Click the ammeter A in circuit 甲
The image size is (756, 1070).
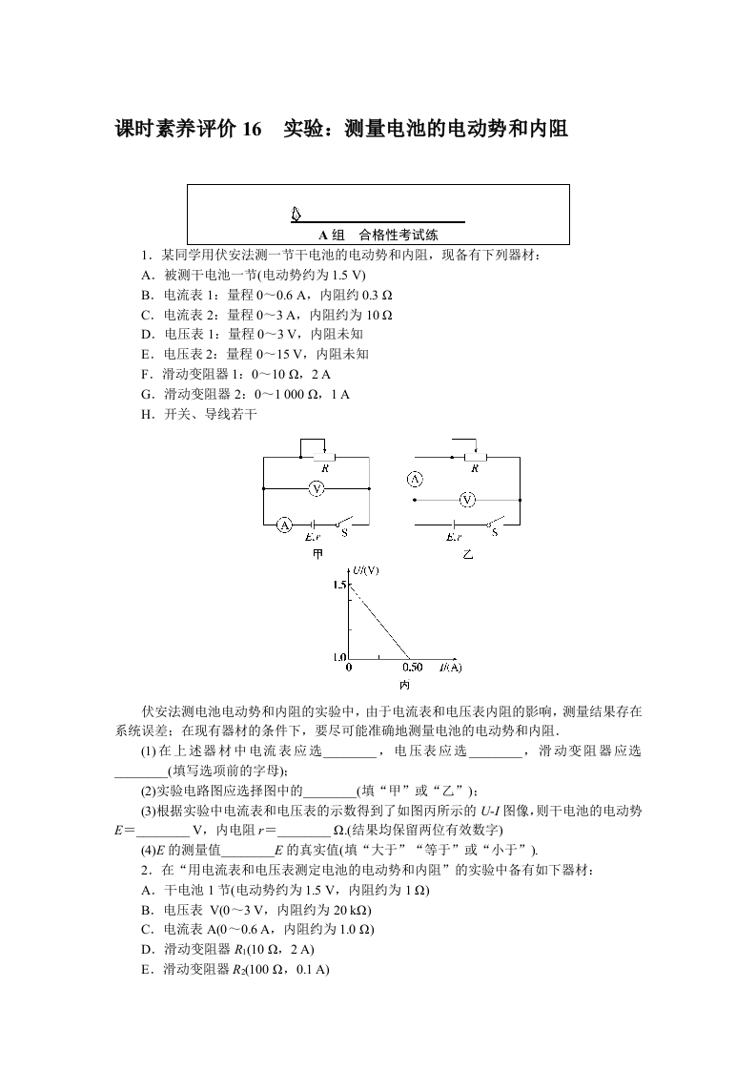tap(283, 524)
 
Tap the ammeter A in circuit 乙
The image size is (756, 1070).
tap(415, 480)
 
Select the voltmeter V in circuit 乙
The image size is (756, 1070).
tap(467, 499)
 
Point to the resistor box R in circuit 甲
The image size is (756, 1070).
tap(325, 458)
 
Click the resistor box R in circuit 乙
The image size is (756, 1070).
tap(476, 458)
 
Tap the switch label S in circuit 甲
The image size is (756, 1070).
tap(344, 532)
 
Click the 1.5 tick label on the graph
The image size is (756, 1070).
tap(341, 584)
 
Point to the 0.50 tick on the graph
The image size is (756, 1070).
tap(412, 667)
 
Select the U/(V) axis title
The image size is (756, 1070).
tap(365, 570)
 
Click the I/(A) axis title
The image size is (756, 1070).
tap(450, 667)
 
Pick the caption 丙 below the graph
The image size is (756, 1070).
tap(404, 685)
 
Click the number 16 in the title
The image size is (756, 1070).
tap(252, 129)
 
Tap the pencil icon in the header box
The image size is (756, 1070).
tap(296, 215)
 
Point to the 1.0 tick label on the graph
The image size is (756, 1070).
tap(341, 657)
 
